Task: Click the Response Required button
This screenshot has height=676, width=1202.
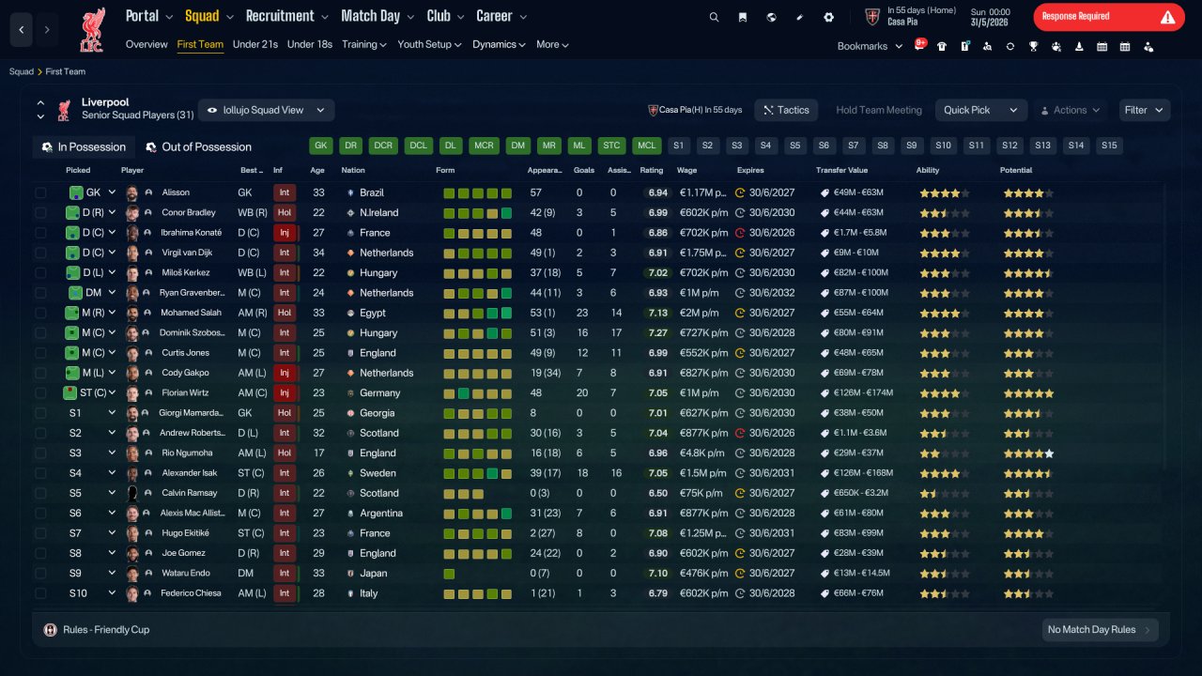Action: (x=1109, y=17)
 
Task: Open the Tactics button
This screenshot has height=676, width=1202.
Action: (x=786, y=110)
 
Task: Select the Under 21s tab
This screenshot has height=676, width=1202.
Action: (x=254, y=44)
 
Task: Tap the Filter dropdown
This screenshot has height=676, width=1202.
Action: (x=1144, y=110)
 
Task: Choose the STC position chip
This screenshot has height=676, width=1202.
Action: (x=611, y=146)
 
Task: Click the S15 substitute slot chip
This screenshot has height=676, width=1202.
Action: (x=1109, y=146)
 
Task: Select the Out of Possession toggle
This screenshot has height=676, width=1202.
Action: (x=199, y=147)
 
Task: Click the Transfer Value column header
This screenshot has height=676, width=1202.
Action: (x=841, y=170)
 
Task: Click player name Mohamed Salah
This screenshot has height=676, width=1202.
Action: (x=191, y=313)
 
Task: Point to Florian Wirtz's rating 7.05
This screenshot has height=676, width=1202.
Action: (x=658, y=393)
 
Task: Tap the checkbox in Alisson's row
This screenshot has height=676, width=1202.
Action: (x=40, y=192)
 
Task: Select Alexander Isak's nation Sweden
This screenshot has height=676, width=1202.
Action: (x=378, y=473)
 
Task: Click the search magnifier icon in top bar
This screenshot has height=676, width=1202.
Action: (x=714, y=17)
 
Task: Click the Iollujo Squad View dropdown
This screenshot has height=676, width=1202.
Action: (x=266, y=110)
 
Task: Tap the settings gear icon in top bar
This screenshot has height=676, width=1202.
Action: (x=828, y=17)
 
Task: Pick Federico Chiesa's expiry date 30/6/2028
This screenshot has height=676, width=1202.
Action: (x=772, y=593)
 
